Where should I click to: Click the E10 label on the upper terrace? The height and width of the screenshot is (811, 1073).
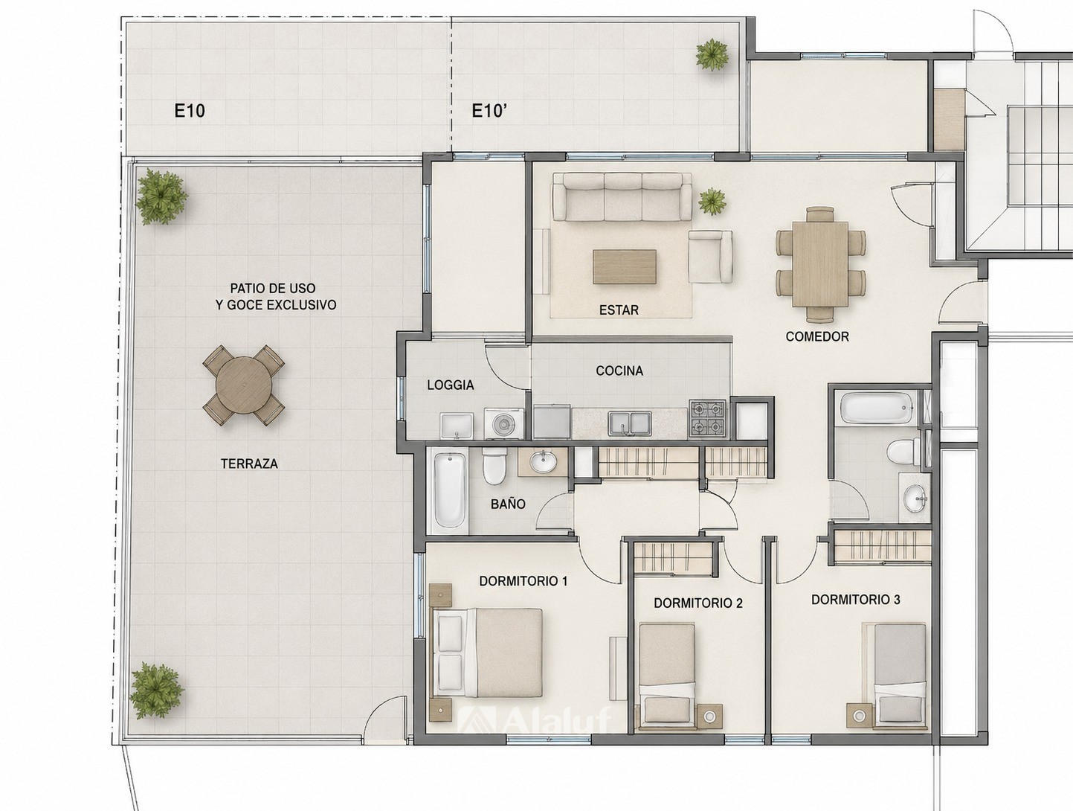pos(190,111)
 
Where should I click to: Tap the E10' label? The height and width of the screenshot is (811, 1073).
pos(489,111)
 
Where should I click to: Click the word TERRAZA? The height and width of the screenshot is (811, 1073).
pos(249,464)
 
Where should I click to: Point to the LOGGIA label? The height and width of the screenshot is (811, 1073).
pos(450,385)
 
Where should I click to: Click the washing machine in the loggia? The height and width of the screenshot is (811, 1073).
pos(503,423)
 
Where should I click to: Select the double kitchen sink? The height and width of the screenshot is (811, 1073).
pos(630,423)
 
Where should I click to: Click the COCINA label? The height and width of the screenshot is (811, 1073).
pos(619,371)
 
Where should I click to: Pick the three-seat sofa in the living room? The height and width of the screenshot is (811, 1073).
pos(622,196)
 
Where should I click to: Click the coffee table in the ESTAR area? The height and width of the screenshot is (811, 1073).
pos(625,266)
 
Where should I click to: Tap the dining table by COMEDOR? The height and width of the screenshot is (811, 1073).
pos(821,264)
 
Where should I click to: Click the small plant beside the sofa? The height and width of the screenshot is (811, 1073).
pos(712,202)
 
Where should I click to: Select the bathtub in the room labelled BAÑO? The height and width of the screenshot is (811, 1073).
pos(449,490)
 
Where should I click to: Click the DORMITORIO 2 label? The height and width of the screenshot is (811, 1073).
pos(698,603)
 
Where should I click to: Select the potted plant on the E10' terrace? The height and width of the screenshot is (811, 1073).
pos(712,55)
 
